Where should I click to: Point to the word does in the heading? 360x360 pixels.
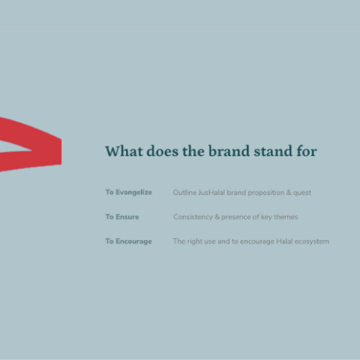[163, 150]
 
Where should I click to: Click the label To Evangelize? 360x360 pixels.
[129, 192]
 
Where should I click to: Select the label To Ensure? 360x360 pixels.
[122, 217]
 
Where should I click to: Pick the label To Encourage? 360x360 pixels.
[129, 241]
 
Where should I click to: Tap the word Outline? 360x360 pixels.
[184, 192]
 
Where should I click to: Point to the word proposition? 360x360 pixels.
[266, 193]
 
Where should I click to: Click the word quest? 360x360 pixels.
[302, 193]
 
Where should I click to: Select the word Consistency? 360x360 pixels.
[193, 217]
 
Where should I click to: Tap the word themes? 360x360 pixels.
[286, 217]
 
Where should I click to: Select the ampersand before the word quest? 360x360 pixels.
[289, 193]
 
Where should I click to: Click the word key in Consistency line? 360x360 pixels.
[266, 217]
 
